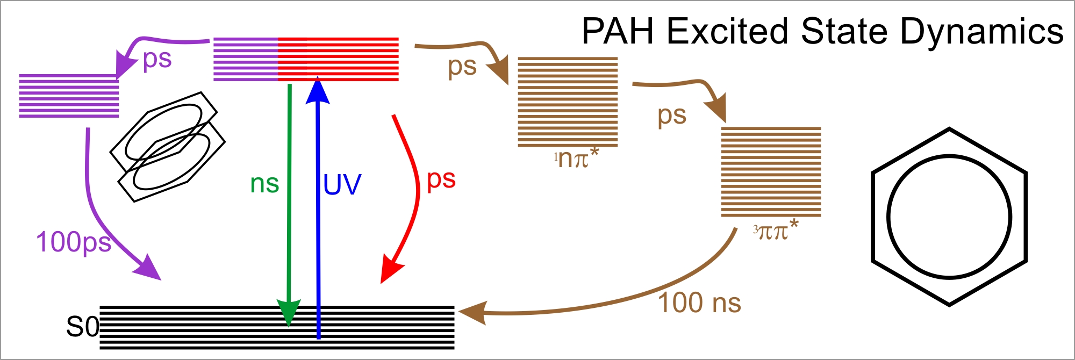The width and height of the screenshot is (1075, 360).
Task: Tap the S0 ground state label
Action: click(82, 326)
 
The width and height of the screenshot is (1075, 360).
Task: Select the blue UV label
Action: click(342, 185)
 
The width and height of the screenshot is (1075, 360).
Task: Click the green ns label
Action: click(264, 184)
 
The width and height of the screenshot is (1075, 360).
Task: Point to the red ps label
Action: click(441, 179)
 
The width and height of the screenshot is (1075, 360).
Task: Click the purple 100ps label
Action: click(74, 242)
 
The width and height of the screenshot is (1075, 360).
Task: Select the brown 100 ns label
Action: click(699, 303)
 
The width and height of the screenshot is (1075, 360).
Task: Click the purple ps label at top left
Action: click(157, 59)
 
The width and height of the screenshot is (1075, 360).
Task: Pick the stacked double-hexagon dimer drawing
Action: click(167, 147)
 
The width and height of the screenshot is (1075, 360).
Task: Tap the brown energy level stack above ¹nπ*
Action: click(568, 102)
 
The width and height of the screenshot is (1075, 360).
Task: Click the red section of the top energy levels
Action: click(338, 59)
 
